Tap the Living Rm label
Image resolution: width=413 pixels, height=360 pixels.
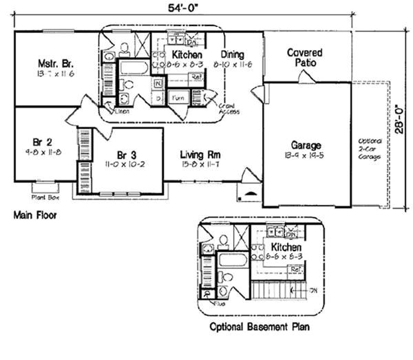[200, 155]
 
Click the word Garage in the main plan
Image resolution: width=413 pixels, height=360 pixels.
[306, 145]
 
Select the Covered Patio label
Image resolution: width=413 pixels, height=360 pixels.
[306, 57]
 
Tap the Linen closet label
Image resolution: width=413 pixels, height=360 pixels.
[123, 111]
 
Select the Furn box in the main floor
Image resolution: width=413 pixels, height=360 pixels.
[178, 98]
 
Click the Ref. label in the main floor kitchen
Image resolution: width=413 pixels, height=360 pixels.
[195, 76]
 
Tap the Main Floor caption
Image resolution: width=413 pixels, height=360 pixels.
[35, 215]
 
